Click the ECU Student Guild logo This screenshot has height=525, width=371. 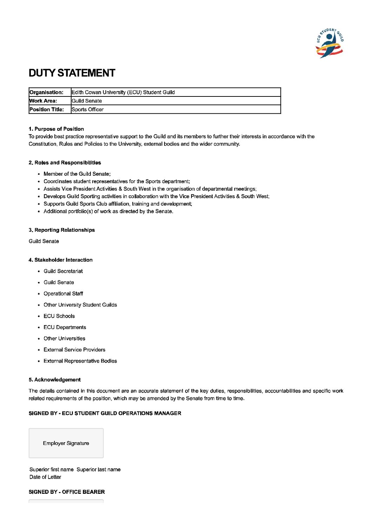[330, 43]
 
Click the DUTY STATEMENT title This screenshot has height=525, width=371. [72, 73]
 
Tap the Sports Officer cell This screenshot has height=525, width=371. [88, 109]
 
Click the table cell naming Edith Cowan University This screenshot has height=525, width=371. [123, 92]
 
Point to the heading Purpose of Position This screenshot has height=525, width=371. [56, 129]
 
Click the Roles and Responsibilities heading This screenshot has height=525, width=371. [65, 163]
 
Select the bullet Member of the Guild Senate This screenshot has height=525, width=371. [77, 174]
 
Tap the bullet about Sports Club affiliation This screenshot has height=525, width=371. [117, 204]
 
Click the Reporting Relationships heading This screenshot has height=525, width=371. [62, 230]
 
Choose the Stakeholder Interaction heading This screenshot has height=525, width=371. [61, 260]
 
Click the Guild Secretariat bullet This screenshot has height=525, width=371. [63, 271]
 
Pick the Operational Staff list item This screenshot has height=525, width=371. [63, 294]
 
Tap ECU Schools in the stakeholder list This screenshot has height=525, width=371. [59, 316]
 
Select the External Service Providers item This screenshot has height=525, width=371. [74, 350]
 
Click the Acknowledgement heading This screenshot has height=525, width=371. [55, 380]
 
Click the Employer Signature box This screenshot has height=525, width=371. [66, 443]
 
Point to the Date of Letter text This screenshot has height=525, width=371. [45, 477]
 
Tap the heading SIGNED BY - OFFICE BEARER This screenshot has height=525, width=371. [67, 492]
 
